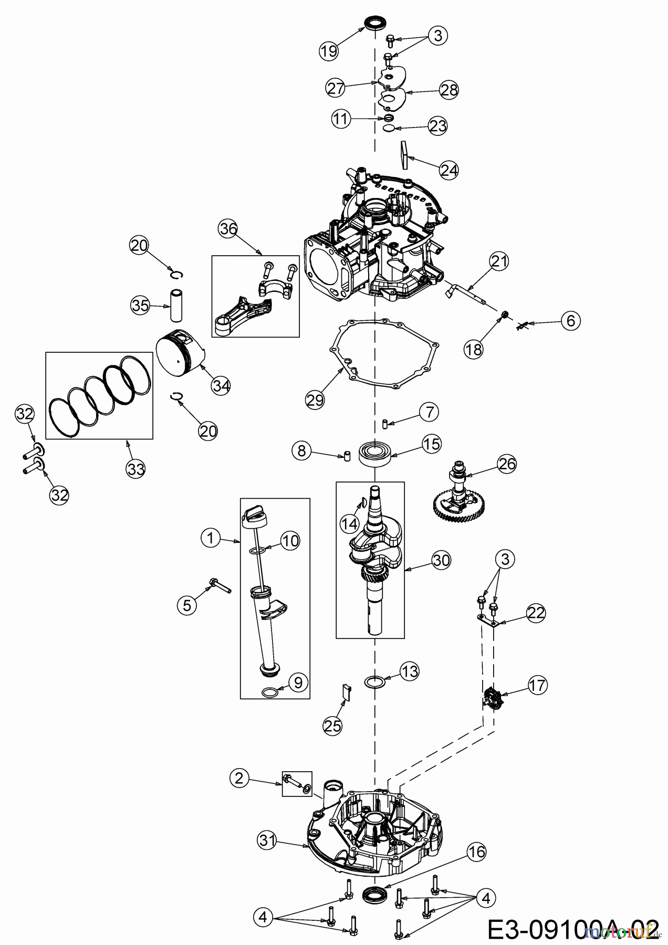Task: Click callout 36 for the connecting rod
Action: click(x=228, y=229)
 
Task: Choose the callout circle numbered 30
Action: click(x=442, y=560)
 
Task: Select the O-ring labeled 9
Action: click(x=268, y=693)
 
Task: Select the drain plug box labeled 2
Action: click(x=297, y=784)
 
